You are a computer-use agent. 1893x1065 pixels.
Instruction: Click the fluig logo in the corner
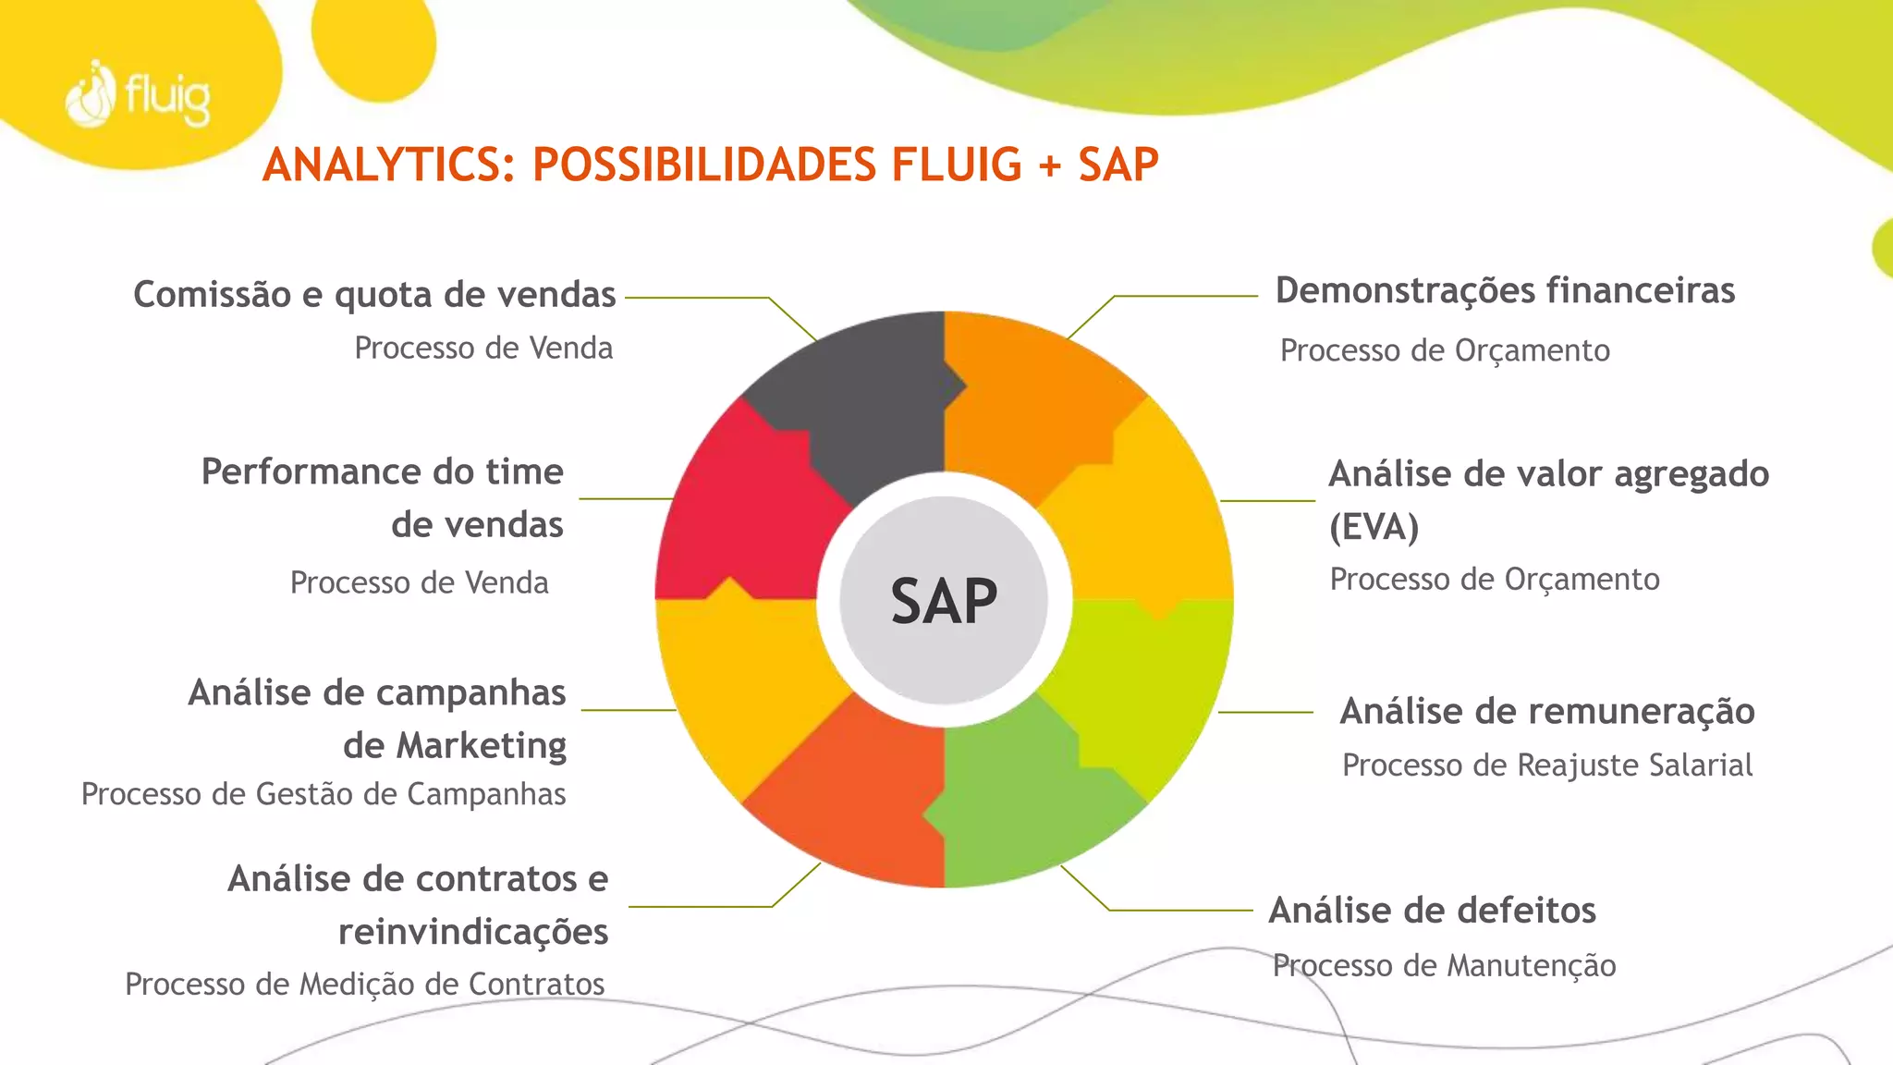tap(139, 94)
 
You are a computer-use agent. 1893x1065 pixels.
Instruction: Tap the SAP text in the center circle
tap(944, 601)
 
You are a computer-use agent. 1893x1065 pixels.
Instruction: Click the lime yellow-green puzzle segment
tap(1146, 684)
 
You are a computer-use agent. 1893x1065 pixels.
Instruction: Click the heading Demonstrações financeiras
tap(1505, 290)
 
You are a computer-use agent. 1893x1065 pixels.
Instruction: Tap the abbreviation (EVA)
tap(1374, 527)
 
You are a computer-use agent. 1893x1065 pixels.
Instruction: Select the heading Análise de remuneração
tap(1547, 711)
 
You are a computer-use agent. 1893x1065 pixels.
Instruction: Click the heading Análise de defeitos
tap(1432, 910)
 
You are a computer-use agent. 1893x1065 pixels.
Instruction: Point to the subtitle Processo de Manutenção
tap(1444, 965)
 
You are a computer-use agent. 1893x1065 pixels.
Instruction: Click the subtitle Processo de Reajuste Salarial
tap(1547, 765)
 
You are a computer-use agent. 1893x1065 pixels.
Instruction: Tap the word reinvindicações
tap(473, 932)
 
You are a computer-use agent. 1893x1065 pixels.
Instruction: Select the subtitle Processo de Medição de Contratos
tap(364, 984)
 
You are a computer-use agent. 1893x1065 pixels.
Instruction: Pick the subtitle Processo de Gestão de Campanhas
tap(324, 794)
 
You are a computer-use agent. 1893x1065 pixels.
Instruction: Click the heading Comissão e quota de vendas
tap(374, 294)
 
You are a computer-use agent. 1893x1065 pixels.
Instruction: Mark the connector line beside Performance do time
tap(626, 498)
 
